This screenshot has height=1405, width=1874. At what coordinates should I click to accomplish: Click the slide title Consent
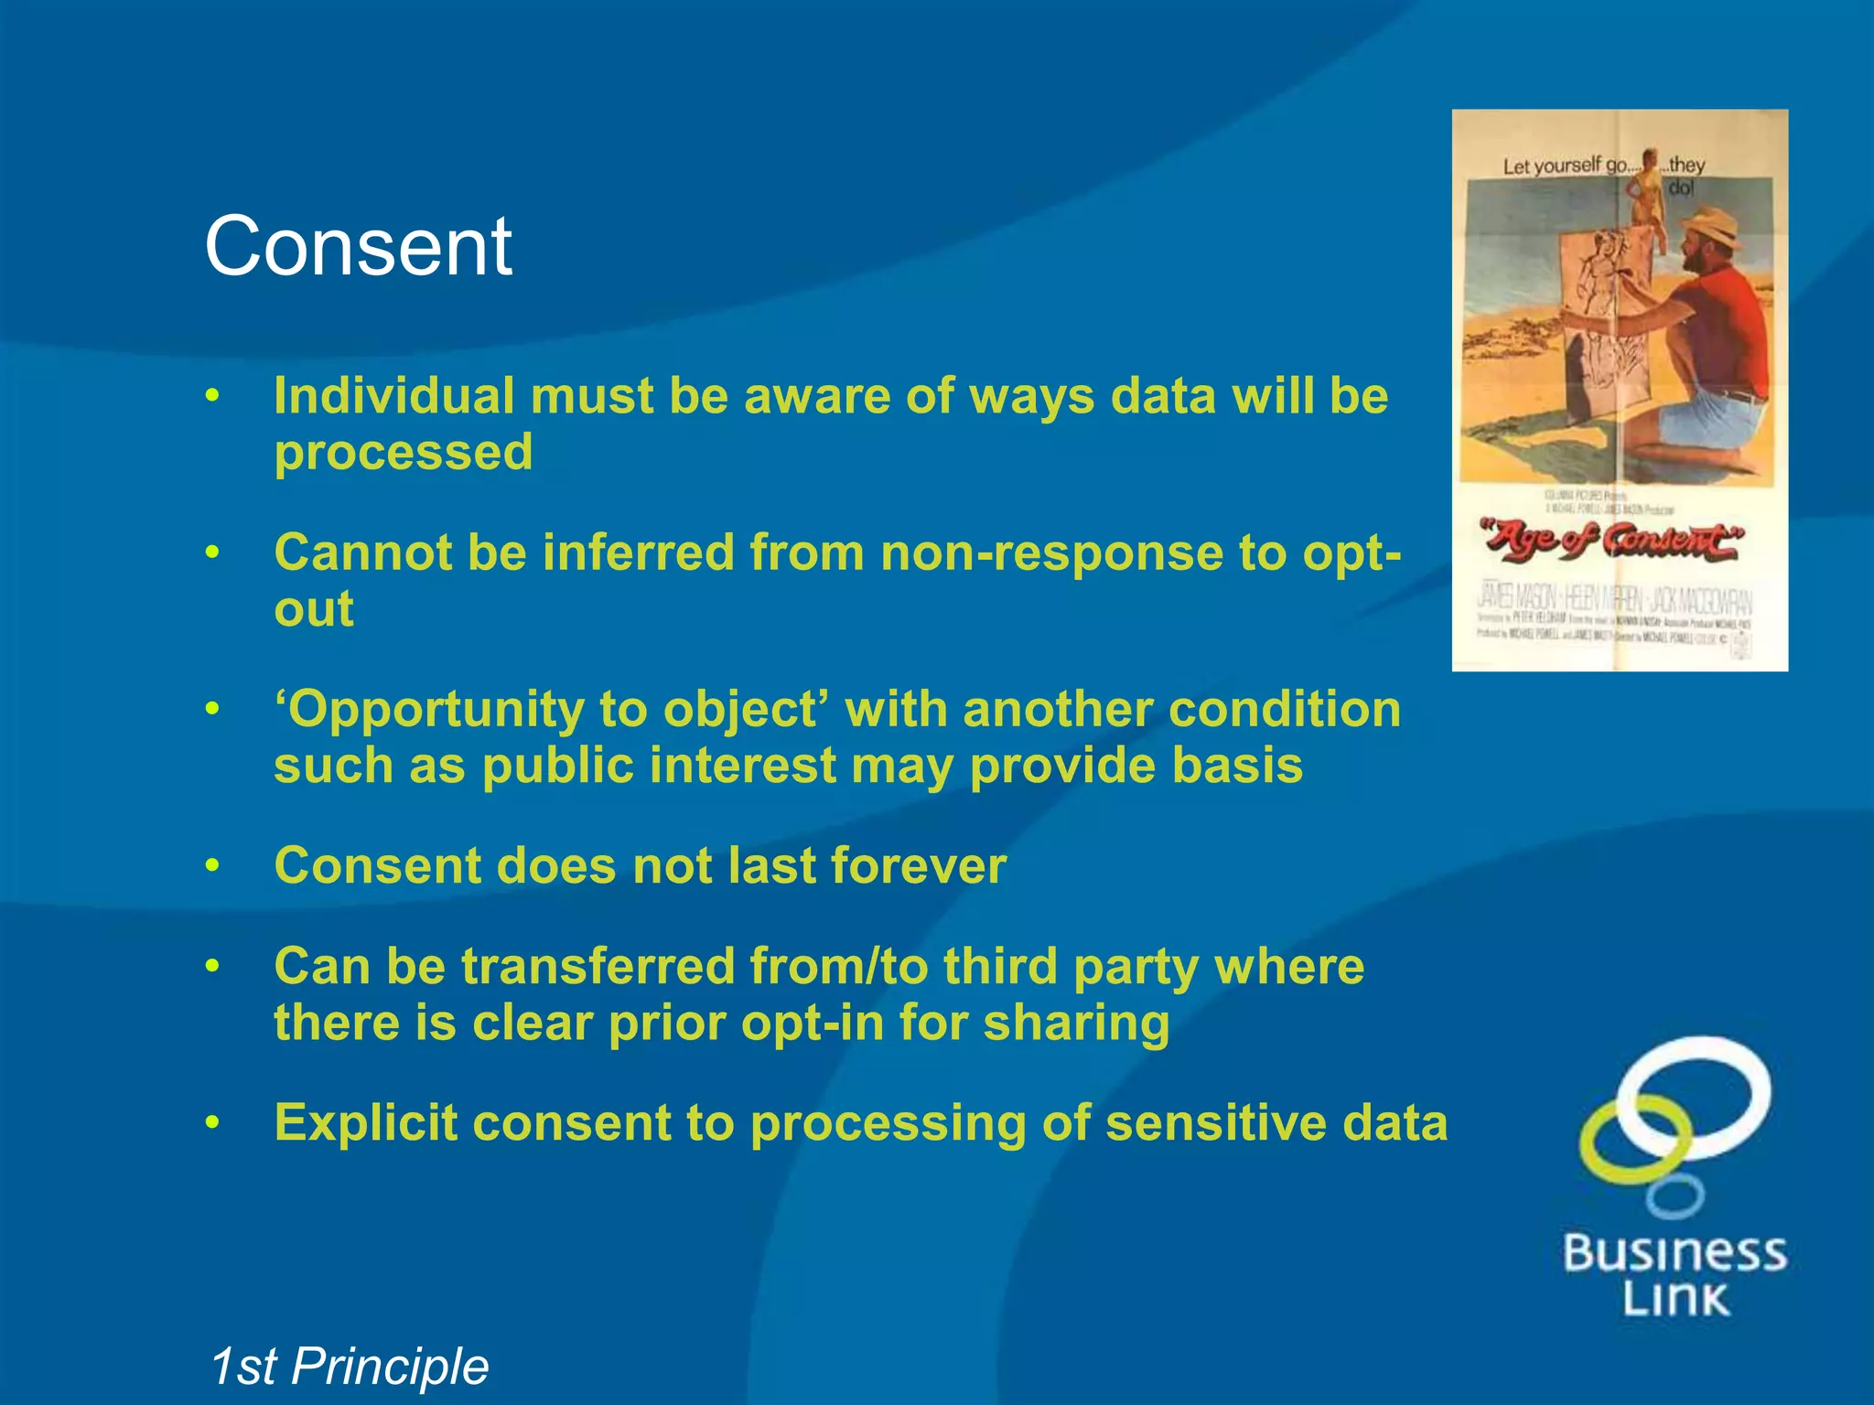point(358,247)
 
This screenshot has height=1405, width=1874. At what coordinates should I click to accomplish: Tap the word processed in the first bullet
point(403,452)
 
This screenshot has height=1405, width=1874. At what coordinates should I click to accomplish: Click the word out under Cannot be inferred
point(313,609)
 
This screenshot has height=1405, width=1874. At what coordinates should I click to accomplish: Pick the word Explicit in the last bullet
point(365,1123)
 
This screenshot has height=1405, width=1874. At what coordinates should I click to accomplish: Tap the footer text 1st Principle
point(349,1367)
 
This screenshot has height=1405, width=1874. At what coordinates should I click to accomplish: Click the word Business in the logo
point(1674,1253)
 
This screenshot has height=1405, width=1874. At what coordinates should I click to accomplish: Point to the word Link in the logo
point(1675,1299)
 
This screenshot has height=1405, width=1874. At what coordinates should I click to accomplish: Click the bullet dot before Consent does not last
point(212,865)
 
